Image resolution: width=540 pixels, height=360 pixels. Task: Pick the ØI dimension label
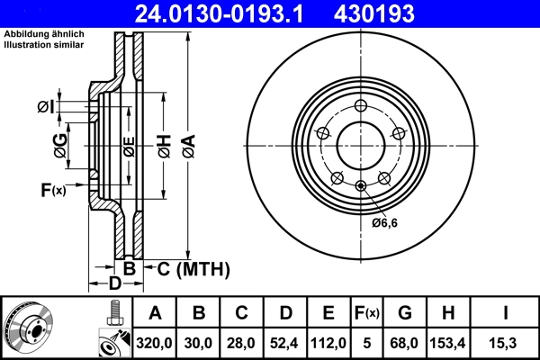[x=46, y=108]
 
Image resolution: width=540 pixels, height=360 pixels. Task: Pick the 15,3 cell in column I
[x=506, y=343]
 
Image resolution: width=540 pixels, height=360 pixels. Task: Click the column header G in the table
[x=404, y=313]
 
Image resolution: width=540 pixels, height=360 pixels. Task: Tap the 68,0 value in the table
[x=404, y=343]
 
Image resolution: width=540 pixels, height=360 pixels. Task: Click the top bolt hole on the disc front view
[x=361, y=103]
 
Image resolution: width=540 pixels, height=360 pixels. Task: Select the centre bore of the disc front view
[x=361, y=144]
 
